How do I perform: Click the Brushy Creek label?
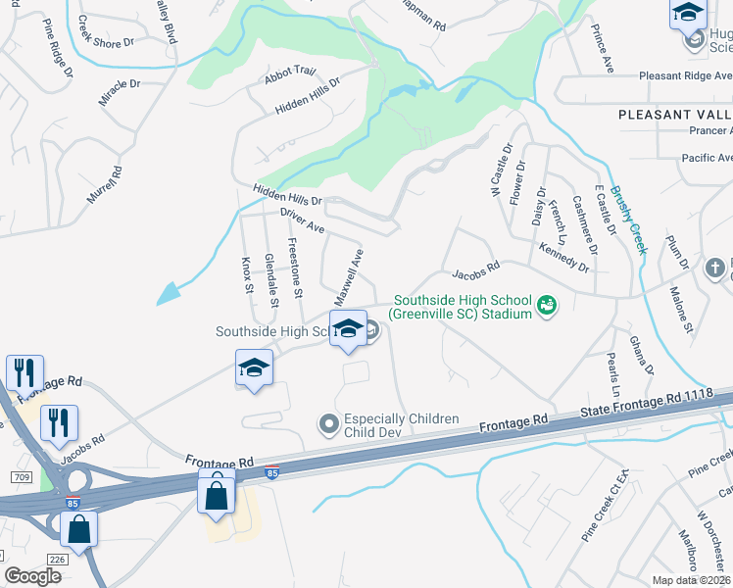(x=628, y=220)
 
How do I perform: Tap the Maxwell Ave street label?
(x=349, y=275)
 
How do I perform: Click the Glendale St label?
(x=271, y=280)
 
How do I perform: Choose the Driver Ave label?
(x=302, y=220)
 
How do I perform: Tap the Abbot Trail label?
(x=290, y=72)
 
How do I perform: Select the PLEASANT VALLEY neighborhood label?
(x=675, y=115)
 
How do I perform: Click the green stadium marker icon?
(x=547, y=307)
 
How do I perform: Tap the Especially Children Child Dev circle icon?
(x=329, y=424)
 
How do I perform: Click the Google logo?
(x=33, y=576)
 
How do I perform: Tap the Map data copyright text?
(x=692, y=580)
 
